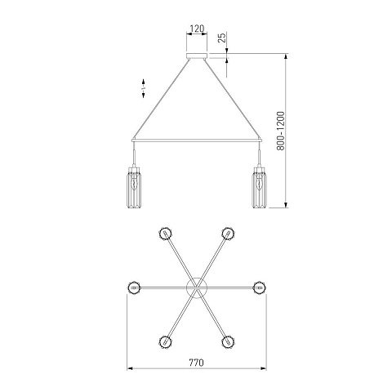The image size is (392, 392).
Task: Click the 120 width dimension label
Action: [x=197, y=29]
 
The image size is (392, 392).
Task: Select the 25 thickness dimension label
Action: [x=222, y=38]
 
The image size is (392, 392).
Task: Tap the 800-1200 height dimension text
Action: [x=280, y=131]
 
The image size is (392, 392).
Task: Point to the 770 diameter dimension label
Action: [x=196, y=363]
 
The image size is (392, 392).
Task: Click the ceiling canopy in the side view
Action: [x=197, y=56]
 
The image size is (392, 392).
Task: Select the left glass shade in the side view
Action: [x=134, y=188]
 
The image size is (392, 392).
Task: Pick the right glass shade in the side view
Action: [x=260, y=188]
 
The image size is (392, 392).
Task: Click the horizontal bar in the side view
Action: [x=197, y=140]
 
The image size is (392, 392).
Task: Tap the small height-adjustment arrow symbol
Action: [x=144, y=88]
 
